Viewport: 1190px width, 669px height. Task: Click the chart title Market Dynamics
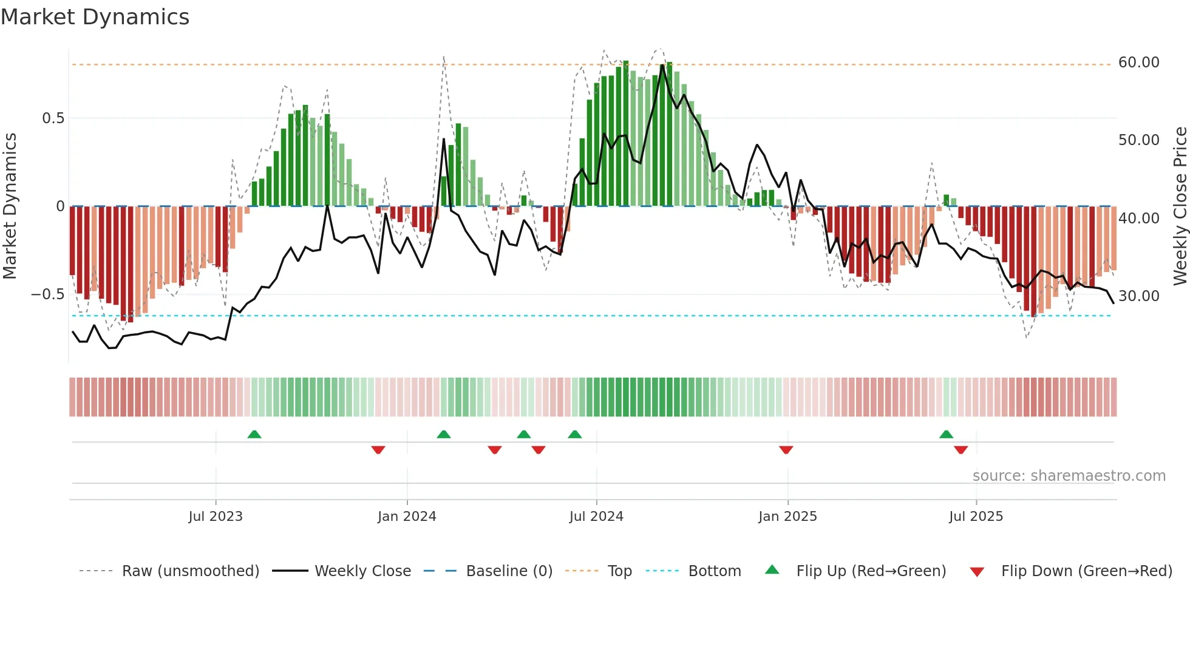95,17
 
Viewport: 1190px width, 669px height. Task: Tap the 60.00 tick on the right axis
1138,63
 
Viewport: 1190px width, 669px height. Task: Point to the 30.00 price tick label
1138,296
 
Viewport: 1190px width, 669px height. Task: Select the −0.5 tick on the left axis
47,294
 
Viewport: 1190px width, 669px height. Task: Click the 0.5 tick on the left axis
53,118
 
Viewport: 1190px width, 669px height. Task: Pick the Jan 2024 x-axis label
407,517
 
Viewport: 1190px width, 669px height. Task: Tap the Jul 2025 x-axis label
976,517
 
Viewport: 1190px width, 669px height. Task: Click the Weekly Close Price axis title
1180,206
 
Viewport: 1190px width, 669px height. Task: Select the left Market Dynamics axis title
10,206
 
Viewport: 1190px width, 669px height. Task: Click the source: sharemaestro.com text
1069,476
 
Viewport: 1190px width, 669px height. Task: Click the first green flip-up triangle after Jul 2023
254,435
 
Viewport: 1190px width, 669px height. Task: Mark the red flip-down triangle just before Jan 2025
786,450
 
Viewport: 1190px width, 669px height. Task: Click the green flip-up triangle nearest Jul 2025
946,435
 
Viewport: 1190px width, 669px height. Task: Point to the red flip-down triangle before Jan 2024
378,450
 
